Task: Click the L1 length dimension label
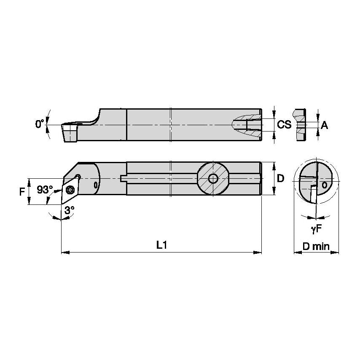point(160,245)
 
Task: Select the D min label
point(316,247)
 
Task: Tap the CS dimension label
point(284,124)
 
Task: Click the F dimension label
point(22,191)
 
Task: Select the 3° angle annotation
point(69,209)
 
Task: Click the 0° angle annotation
point(40,124)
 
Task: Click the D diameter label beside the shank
point(281,178)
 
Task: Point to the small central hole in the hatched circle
point(213,179)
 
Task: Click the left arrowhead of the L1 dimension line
point(64,253)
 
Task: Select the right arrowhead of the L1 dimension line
point(258,253)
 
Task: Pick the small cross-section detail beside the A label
point(301,125)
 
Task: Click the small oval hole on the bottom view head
point(96,184)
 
